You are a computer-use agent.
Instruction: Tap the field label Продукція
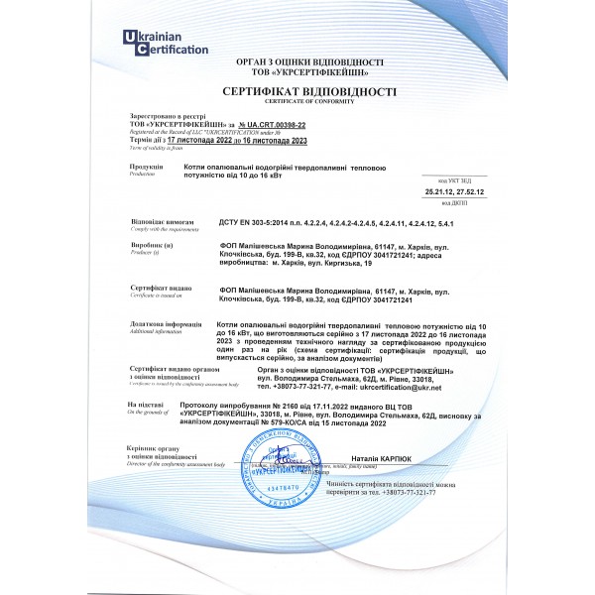(x=146, y=168)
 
